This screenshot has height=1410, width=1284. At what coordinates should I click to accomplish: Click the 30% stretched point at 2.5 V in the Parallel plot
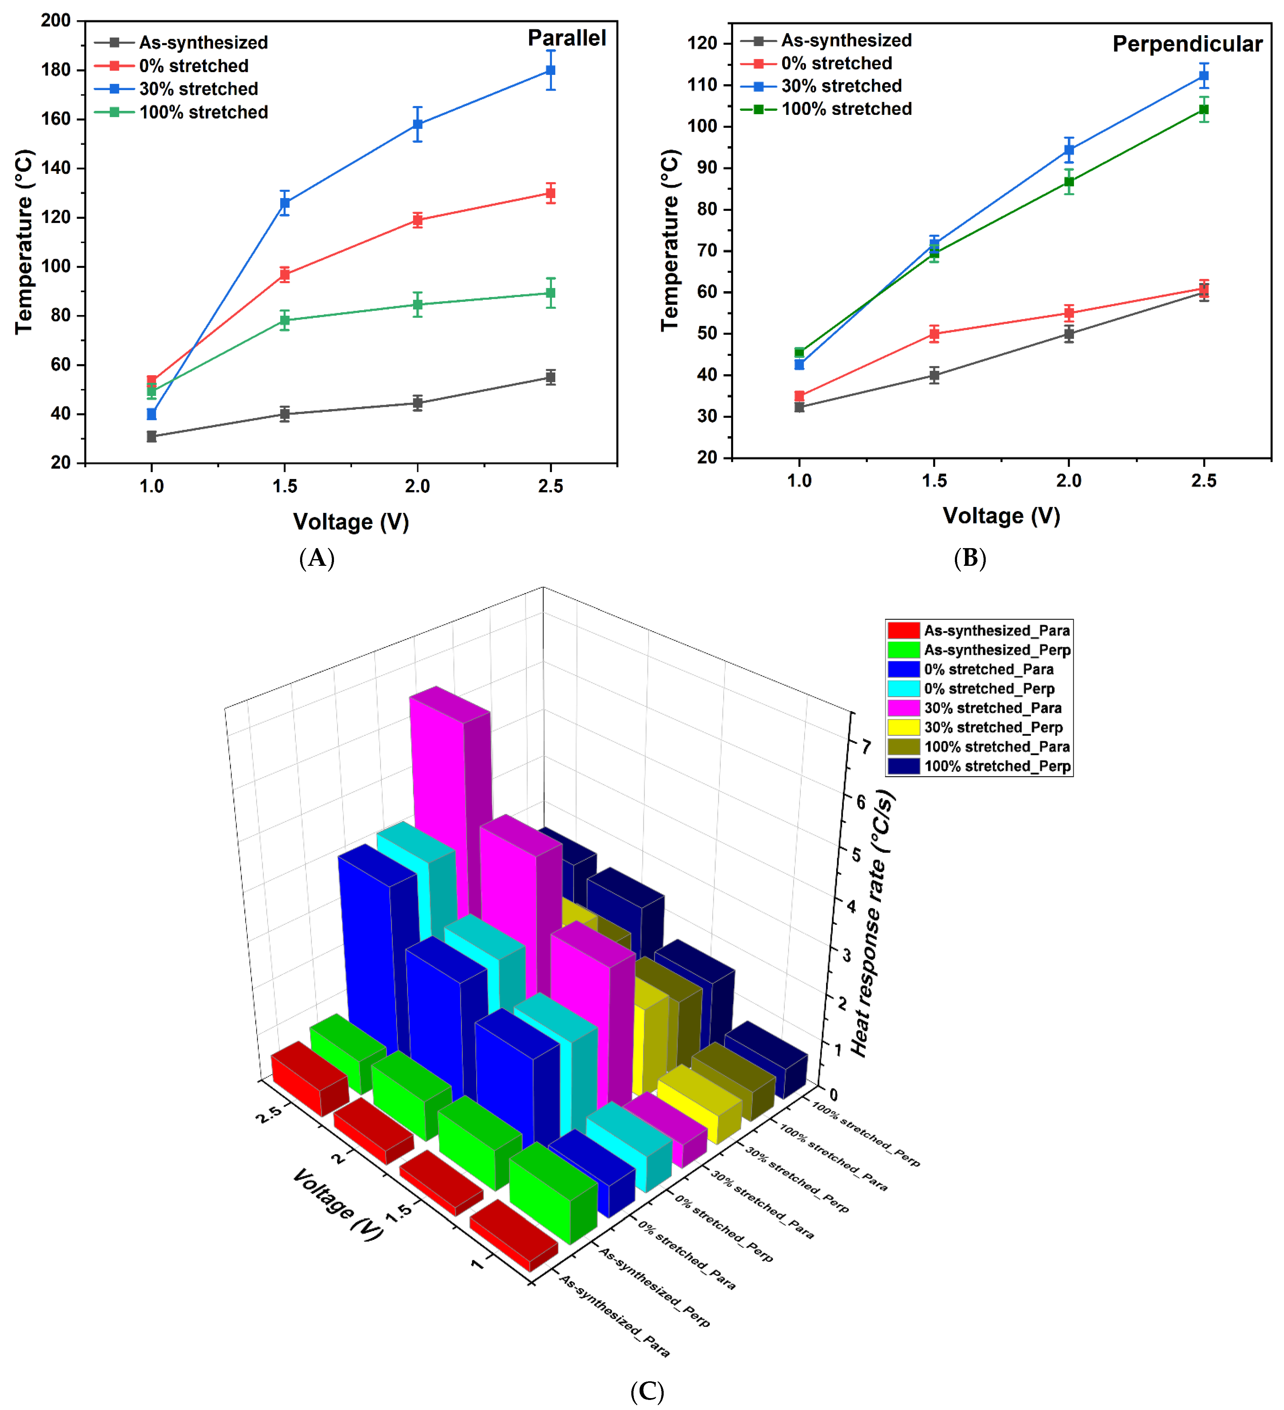point(551,70)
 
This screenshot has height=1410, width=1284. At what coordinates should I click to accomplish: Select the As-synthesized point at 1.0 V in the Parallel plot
point(152,436)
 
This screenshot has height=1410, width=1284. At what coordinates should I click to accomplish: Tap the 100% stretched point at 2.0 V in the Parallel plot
point(417,304)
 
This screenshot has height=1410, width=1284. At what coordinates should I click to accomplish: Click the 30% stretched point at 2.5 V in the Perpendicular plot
point(1204,75)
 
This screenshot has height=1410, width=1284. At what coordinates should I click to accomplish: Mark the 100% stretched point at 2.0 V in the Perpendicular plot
point(1069,182)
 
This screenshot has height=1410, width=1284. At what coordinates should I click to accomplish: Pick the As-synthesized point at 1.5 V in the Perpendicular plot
point(934,375)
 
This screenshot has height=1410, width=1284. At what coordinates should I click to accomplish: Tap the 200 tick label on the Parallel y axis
point(56,20)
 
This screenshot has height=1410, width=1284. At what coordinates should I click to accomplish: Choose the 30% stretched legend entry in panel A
point(198,89)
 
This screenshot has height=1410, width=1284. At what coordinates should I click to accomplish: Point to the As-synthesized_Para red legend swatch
point(903,630)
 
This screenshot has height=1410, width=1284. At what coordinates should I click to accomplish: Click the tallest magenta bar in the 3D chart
point(440,804)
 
